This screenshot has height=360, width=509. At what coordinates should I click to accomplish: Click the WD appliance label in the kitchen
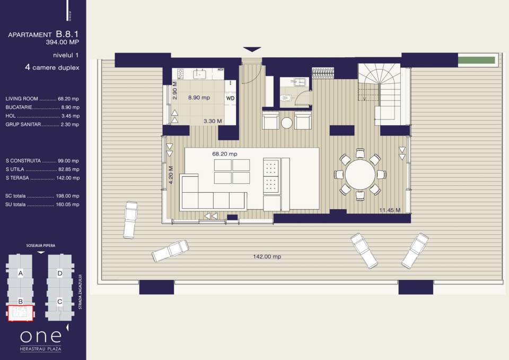tap(231, 98)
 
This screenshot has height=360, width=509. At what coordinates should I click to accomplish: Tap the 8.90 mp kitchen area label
tap(199, 98)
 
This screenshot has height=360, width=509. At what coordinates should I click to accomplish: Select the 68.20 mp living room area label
tap(225, 154)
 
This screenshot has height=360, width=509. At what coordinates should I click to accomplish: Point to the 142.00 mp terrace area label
tap(267, 256)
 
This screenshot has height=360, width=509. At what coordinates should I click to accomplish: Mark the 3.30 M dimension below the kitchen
tap(213, 121)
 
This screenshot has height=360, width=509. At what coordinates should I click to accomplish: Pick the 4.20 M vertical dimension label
tap(171, 175)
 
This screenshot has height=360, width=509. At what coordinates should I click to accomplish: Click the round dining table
tap(360, 174)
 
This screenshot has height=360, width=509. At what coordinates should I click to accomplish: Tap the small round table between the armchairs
tap(287, 123)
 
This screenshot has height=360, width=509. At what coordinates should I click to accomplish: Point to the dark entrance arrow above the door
tap(252, 49)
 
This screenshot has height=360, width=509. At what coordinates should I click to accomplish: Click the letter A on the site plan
tap(20, 273)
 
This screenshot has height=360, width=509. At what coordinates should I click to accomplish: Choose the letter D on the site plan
tap(60, 273)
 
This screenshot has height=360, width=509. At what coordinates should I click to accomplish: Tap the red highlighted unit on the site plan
tap(20, 313)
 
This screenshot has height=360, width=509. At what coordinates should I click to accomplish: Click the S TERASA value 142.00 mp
tap(67, 178)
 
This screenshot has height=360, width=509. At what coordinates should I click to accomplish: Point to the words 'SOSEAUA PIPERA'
tap(40, 246)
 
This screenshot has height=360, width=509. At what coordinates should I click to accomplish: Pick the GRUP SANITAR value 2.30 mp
tap(70, 124)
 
